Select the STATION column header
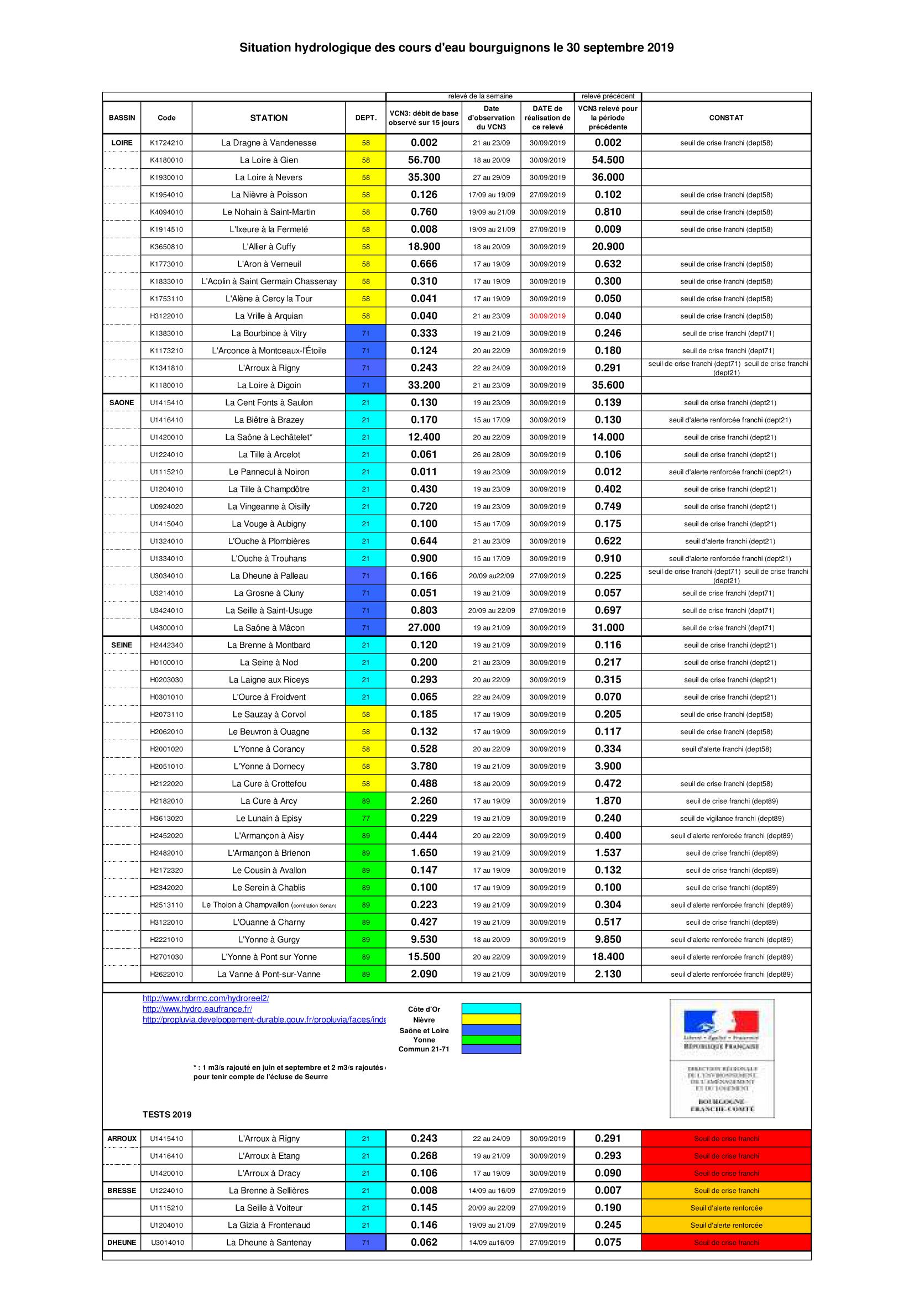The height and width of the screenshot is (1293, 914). coord(269,118)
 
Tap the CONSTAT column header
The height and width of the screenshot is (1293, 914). coord(726,118)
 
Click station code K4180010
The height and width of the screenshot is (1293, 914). coord(166,160)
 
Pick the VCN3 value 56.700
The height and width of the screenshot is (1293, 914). coord(424,160)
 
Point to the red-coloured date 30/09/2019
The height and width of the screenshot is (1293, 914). coord(547,316)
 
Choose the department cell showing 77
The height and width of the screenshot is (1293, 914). coord(365,818)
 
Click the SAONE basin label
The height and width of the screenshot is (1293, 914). coord(122,402)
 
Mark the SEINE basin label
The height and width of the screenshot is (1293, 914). coord(122,645)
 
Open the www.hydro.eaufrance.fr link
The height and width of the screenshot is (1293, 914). coord(197,1009)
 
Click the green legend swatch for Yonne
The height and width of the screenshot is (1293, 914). coord(491,1040)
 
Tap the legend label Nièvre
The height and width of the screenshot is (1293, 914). coord(424,1020)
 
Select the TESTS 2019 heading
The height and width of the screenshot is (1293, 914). coord(166,1114)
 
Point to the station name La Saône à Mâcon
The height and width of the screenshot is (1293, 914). coord(269,628)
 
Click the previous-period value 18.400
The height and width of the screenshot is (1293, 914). coord(608,957)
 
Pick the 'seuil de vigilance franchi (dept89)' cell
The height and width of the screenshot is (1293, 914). coord(732,818)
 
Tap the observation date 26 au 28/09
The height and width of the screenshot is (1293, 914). coord(491,454)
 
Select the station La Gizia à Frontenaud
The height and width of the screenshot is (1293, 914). coord(269,1225)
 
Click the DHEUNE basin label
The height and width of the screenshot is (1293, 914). coord(122,1242)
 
